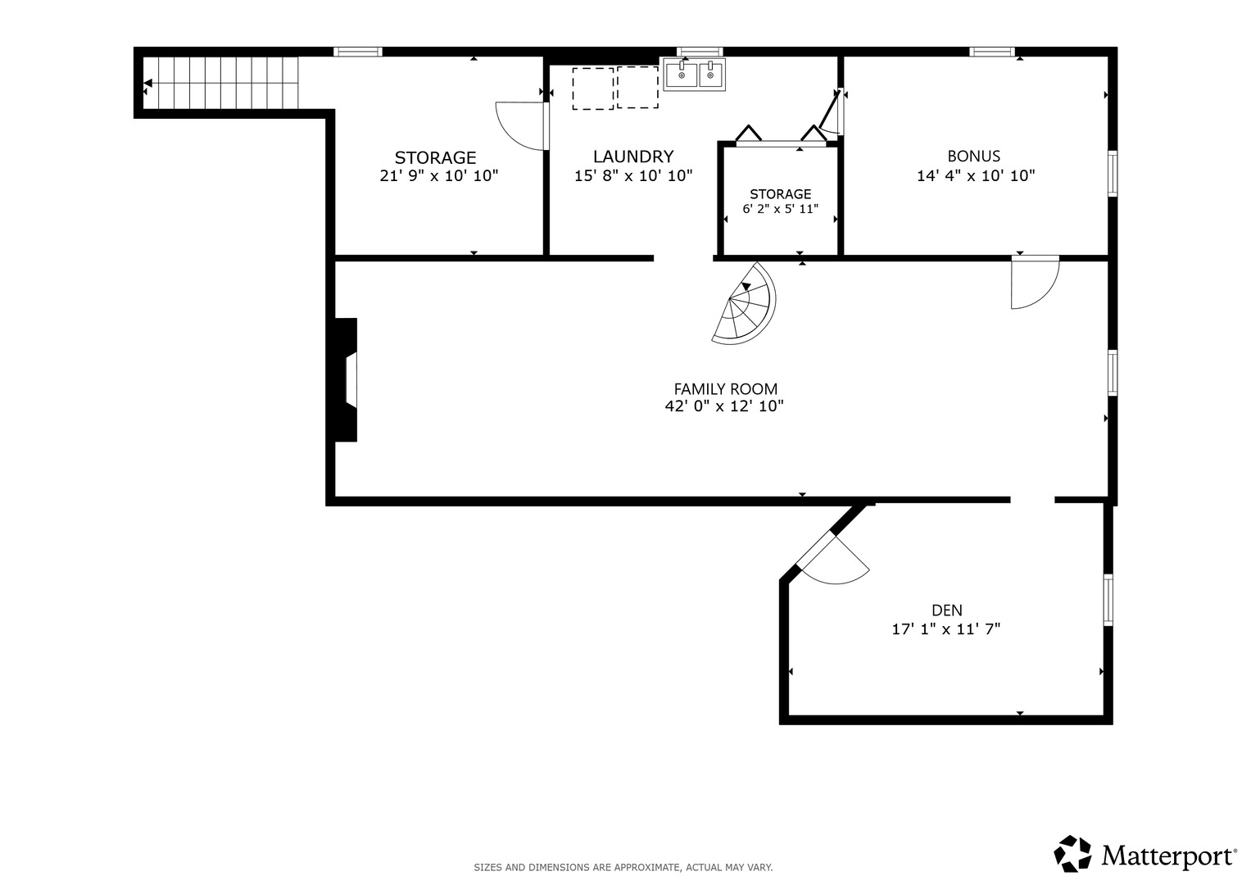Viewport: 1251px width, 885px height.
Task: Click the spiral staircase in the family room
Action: [746, 305]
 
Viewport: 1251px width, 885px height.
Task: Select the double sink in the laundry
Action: [694, 74]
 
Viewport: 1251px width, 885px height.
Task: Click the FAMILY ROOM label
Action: [726, 389]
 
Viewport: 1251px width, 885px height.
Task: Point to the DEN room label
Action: [946, 610]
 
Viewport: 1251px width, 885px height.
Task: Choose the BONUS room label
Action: [973, 156]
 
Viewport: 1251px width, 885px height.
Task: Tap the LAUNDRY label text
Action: [633, 157]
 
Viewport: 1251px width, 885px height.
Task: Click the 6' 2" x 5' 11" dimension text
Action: [780, 209]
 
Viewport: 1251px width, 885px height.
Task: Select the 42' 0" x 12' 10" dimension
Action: [724, 406]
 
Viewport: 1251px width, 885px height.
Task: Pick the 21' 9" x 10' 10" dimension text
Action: [439, 176]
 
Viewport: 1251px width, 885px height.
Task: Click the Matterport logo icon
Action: [1072, 854]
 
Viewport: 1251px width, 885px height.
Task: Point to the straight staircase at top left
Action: [220, 83]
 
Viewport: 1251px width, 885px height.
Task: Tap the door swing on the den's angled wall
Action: [833, 559]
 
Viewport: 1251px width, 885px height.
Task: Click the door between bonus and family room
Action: [1036, 282]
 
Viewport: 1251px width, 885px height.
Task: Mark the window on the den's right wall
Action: [1108, 600]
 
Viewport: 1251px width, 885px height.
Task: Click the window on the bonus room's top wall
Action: [992, 52]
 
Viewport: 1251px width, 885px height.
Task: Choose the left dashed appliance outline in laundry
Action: [593, 88]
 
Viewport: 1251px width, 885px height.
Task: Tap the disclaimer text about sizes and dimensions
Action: [623, 868]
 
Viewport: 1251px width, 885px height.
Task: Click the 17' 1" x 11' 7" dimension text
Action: [946, 629]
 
